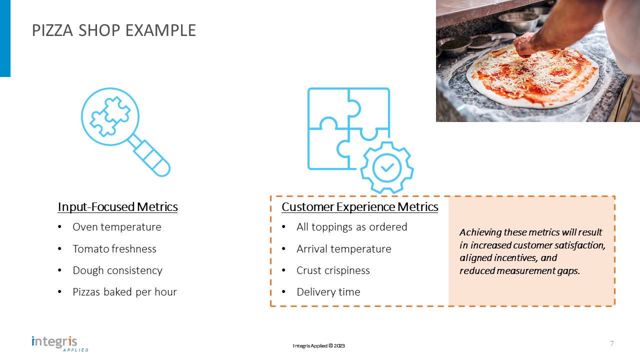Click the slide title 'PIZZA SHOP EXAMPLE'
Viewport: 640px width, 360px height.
[113, 30]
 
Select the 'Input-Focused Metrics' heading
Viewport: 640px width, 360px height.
[117, 207]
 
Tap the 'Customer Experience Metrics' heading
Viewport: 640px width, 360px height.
[359, 207]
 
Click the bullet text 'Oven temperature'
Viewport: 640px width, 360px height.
[117, 227]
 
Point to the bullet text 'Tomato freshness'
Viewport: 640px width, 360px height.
[114, 249]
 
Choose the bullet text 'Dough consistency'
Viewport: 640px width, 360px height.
[117, 270]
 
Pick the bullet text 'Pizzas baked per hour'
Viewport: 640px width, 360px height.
[124, 292]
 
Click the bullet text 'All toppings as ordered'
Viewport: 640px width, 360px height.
[351, 227]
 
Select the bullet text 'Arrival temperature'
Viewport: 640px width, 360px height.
[343, 249]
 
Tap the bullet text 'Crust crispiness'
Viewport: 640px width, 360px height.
[333, 270]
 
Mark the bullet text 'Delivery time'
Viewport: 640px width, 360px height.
[328, 292]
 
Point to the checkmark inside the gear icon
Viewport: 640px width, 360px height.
[387, 167]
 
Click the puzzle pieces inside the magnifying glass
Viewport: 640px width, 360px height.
[110, 116]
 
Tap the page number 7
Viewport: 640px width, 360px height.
[611, 343]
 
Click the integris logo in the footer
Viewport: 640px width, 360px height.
[60, 343]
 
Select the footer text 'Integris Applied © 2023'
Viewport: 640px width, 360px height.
[318, 345]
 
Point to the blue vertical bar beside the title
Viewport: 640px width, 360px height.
[5, 38]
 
